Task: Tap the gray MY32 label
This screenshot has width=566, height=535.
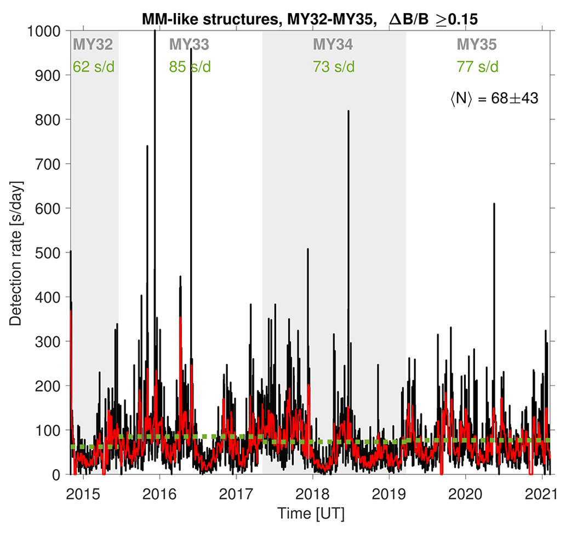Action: click(93, 43)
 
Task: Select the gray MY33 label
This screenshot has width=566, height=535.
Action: click(189, 43)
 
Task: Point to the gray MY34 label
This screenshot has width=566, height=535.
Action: click(333, 43)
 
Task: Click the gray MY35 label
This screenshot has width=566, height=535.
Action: click(477, 43)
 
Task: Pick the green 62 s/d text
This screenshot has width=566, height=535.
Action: click(93, 67)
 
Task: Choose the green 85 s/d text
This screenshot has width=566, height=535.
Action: click(190, 67)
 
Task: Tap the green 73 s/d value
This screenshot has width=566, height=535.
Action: click(333, 67)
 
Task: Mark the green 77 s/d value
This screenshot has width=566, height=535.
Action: click(477, 67)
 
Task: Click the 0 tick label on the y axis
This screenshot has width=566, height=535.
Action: click(57, 475)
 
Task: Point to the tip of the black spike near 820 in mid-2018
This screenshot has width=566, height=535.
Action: click(348, 111)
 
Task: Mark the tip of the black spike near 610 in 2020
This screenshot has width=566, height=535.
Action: click(494, 204)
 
